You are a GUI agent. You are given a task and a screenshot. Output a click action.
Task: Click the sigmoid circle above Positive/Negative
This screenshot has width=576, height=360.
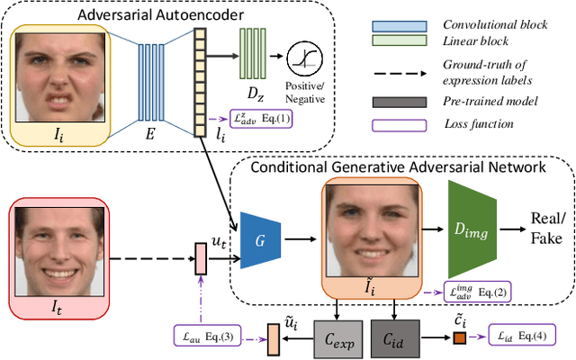tap(304, 58)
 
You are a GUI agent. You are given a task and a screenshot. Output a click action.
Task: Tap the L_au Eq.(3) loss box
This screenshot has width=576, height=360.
tap(208, 337)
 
